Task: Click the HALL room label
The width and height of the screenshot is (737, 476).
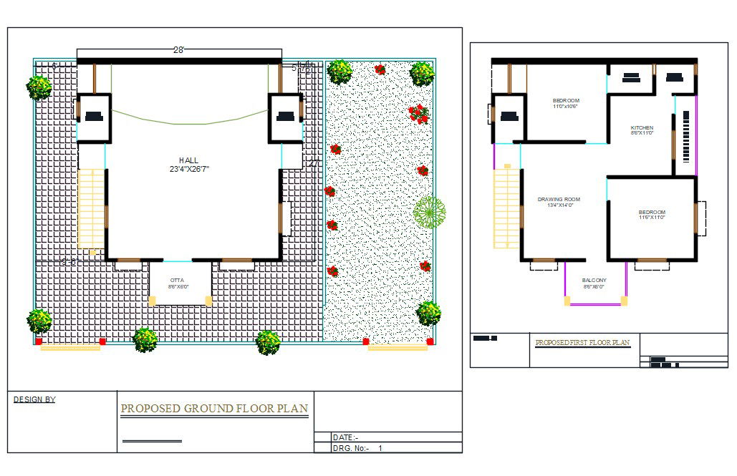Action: point(189,160)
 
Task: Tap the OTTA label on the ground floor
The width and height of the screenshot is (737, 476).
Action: point(177,280)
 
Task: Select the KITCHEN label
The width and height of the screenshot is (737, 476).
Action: point(642,127)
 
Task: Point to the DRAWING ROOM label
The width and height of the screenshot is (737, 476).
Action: point(559,199)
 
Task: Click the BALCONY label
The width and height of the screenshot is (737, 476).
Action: point(594,280)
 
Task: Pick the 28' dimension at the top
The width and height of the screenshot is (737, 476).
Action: point(178,49)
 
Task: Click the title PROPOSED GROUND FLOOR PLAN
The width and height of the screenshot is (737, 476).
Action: point(214,409)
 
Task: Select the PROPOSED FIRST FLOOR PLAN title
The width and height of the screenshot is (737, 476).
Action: point(582,342)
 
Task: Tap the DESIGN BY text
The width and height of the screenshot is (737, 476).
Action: point(34,399)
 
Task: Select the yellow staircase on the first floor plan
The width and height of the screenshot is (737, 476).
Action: point(506,207)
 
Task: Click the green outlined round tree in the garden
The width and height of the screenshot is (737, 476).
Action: point(429,211)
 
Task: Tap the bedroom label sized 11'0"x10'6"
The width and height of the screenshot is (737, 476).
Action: point(566,103)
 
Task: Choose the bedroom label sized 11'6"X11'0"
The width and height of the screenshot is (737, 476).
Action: point(652,215)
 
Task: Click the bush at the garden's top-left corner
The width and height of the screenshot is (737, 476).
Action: point(339,72)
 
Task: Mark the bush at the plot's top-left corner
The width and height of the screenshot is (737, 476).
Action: point(39,87)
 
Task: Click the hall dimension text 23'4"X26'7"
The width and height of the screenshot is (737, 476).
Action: point(189,170)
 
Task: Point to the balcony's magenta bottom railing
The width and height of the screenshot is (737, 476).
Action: point(594,304)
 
